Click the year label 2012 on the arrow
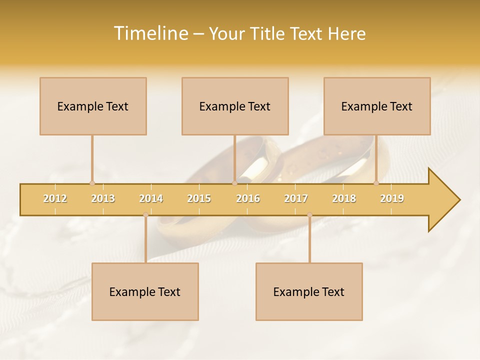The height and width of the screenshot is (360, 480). (55, 198)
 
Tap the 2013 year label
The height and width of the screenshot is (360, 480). (103, 198)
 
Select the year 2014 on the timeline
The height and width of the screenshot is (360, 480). (151, 198)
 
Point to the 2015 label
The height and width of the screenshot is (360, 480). (199, 198)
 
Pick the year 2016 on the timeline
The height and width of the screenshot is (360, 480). (248, 198)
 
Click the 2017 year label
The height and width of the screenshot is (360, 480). (296, 198)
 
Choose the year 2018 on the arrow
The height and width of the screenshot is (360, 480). (344, 198)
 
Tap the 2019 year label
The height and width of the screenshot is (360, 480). (392, 198)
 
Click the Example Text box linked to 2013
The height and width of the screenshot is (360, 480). (93, 106)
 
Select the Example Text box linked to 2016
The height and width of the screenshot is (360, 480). (235, 106)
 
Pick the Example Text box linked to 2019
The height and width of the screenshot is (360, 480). (377, 106)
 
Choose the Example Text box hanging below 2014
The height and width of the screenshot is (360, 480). (145, 291)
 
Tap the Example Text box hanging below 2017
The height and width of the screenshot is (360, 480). (309, 291)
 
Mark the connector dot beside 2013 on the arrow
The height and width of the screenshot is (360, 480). (92, 183)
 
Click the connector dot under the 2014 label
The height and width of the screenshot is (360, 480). (145, 214)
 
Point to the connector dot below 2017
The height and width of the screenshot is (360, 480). (309, 214)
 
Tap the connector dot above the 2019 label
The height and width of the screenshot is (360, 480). (376, 183)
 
